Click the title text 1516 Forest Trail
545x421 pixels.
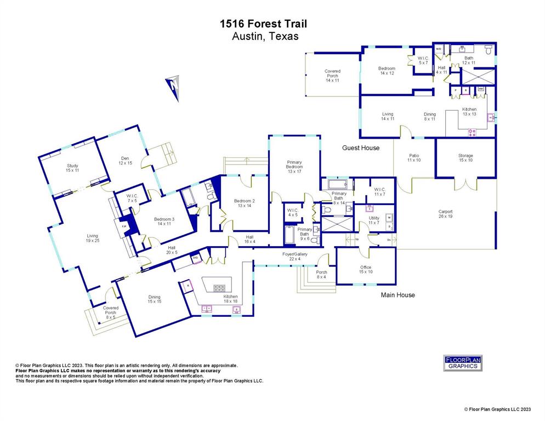tap(263, 24)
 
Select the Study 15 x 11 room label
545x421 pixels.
tap(72, 168)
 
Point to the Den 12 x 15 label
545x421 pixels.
tap(124, 160)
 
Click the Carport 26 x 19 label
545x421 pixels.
tap(445, 214)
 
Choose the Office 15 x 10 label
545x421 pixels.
tap(366, 269)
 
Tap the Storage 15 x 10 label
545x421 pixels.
tap(465, 158)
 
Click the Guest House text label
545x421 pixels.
tap(361, 148)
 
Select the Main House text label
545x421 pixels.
tap(398, 295)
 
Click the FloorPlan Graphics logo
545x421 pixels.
tap(462, 363)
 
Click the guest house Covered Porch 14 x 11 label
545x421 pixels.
tap(332, 76)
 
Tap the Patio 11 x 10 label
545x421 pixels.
tap(414, 158)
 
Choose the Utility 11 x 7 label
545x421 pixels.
tap(374, 221)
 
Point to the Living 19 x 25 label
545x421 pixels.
tap(92, 238)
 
